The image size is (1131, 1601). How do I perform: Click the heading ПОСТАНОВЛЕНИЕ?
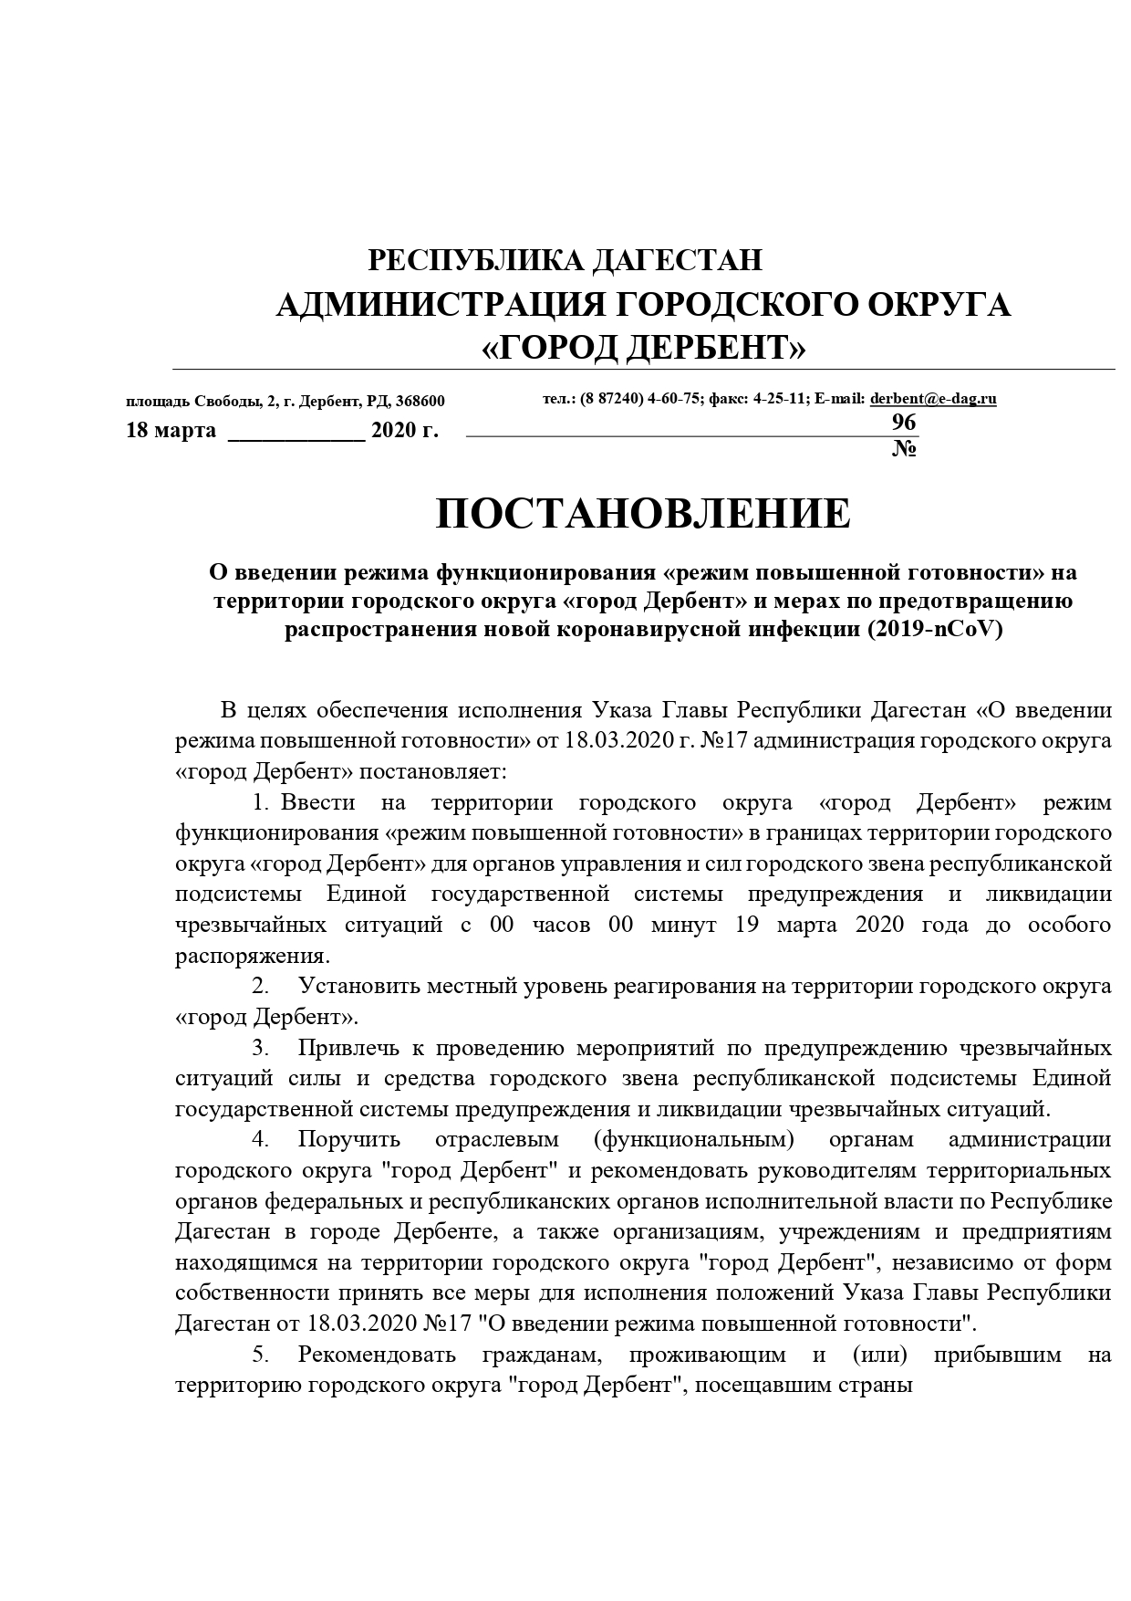click(643, 515)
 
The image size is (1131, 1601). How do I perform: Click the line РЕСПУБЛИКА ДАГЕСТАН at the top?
click(565, 261)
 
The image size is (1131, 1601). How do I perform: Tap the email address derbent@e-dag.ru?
click(933, 399)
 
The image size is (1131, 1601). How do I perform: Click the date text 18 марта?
click(171, 431)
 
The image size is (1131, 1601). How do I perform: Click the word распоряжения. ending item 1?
click(252, 957)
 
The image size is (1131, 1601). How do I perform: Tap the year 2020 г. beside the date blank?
click(405, 431)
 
